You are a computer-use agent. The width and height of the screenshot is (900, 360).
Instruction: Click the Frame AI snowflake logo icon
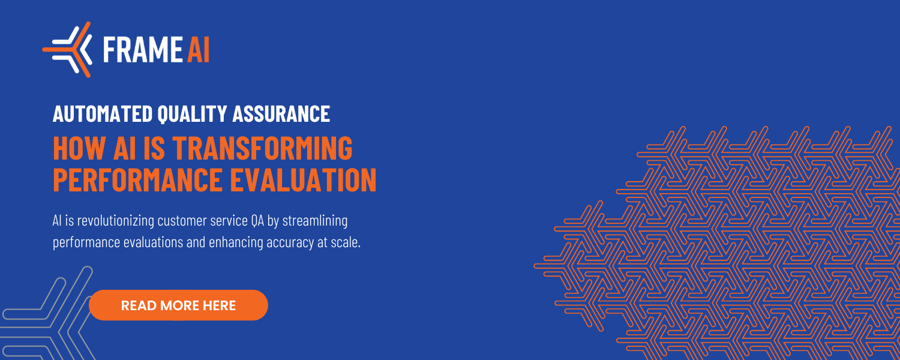point(67,49)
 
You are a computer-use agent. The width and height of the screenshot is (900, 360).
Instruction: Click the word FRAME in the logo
point(143,49)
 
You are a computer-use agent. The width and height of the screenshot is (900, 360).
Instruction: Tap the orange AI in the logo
point(198,49)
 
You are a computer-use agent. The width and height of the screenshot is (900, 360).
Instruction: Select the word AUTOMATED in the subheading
point(103,114)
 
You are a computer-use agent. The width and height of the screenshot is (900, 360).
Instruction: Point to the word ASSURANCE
point(281,114)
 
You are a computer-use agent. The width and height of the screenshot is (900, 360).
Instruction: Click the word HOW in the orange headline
point(80,148)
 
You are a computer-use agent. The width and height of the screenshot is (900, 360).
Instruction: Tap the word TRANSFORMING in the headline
point(262,148)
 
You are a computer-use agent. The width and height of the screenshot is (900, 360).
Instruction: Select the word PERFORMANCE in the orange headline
point(138,179)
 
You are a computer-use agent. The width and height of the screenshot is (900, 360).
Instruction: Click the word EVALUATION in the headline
point(304,179)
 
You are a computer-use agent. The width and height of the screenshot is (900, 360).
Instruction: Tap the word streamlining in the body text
point(315,221)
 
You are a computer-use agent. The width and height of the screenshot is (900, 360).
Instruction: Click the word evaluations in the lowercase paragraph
point(153,242)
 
